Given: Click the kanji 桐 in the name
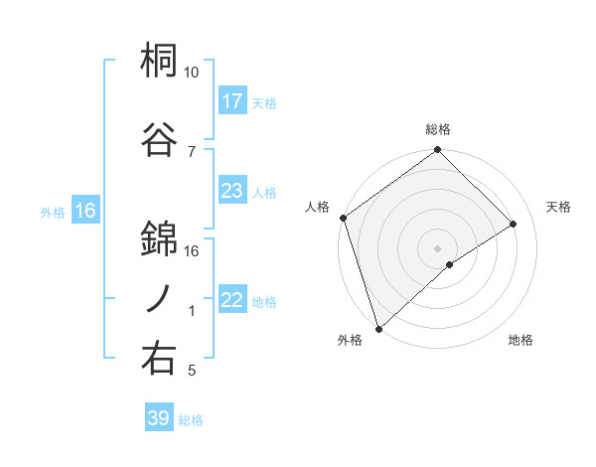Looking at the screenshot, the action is pyautogui.click(x=159, y=62).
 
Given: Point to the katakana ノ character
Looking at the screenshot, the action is pyautogui.click(x=159, y=298).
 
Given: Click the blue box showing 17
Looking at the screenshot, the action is pyautogui.click(x=231, y=101).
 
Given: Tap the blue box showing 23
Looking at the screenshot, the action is pyautogui.click(x=231, y=191).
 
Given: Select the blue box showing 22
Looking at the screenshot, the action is pyautogui.click(x=231, y=300).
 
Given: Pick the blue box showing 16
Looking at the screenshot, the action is pyautogui.click(x=84, y=211).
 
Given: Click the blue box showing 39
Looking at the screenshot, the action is pyautogui.click(x=158, y=418).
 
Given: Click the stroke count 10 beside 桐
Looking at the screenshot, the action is pyautogui.click(x=191, y=73).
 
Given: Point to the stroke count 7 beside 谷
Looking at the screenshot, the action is pyautogui.click(x=192, y=151).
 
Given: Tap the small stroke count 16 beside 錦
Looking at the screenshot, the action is pyautogui.click(x=192, y=250).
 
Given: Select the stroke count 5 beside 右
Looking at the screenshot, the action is pyautogui.click(x=192, y=371).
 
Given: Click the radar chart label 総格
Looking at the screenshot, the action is pyautogui.click(x=437, y=130).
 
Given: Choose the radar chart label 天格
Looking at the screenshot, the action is pyautogui.click(x=558, y=207).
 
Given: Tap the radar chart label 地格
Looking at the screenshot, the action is pyautogui.click(x=521, y=341).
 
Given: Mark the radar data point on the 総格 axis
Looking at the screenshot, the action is pyautogui.click(x=437, y=151).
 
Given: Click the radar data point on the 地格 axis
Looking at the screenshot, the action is pyautogui.click(x=450, y=264).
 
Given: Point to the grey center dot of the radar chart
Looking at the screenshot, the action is pyautogui.click(x=437, y=247).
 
